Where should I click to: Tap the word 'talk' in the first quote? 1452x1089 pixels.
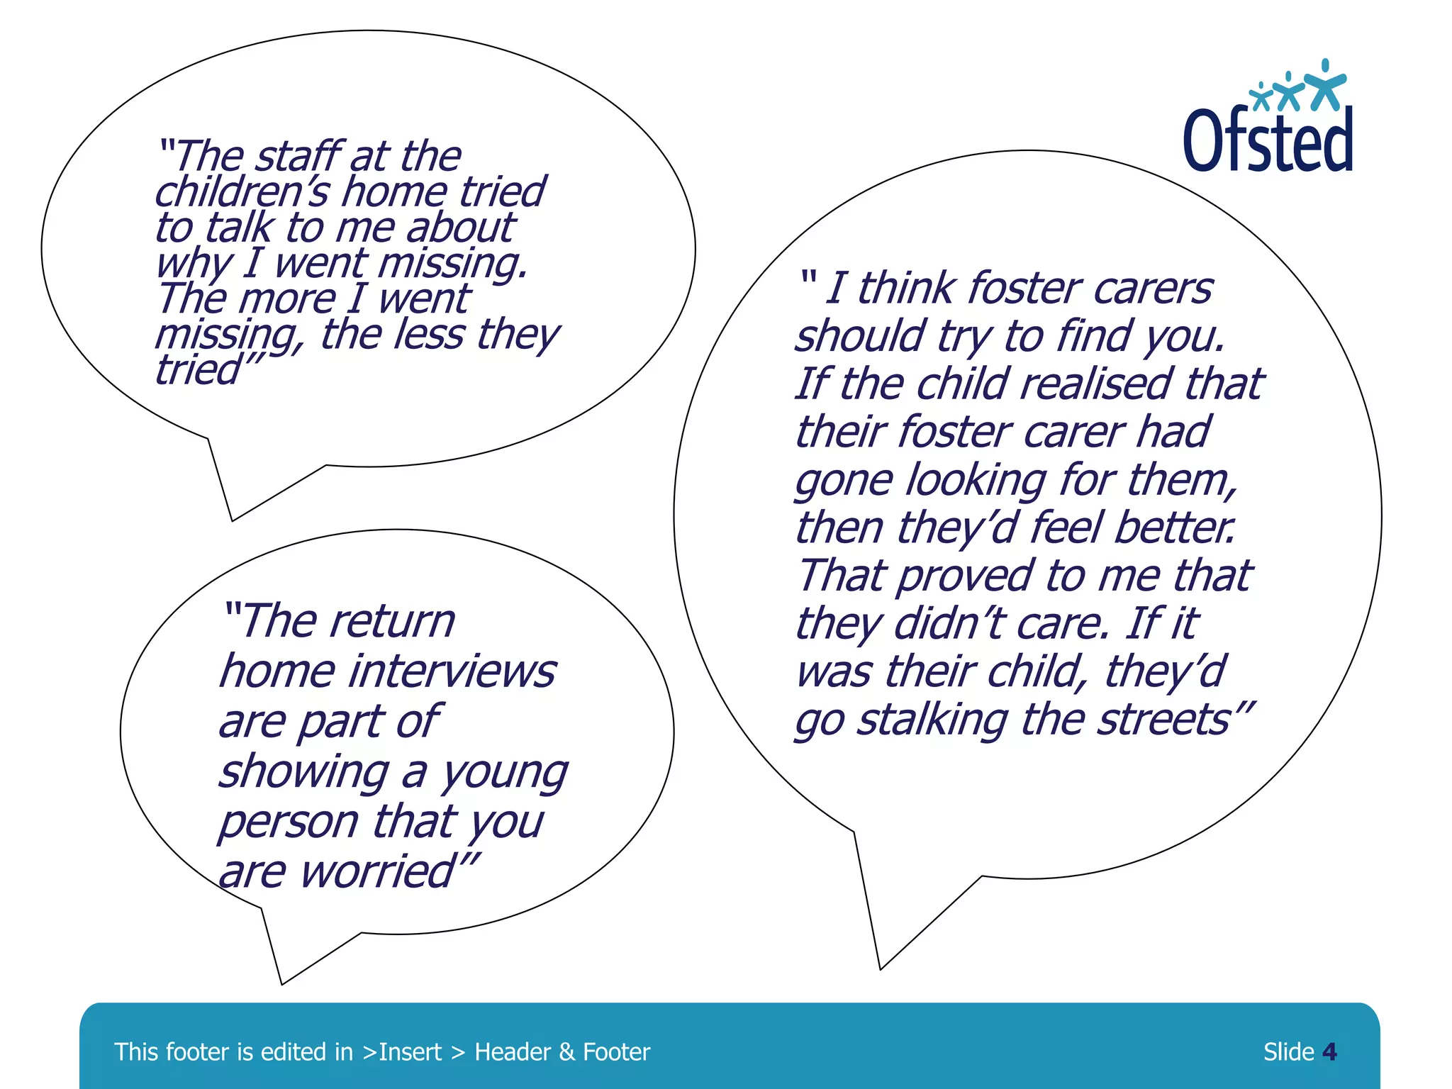(x=238, y=228)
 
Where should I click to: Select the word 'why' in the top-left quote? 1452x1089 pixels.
(x=193, y=264)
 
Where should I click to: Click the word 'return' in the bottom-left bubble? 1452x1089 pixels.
(x=392, y=621)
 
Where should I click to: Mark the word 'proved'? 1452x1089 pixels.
(x=966, y=575)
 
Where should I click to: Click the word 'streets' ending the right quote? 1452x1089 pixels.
(x=1162, y=720)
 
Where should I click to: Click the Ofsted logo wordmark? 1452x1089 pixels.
(x=1268, y=140)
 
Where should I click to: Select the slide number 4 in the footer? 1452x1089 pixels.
(x=1329, y=1051)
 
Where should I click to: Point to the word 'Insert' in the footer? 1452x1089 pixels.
(x=410, y=1052)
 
